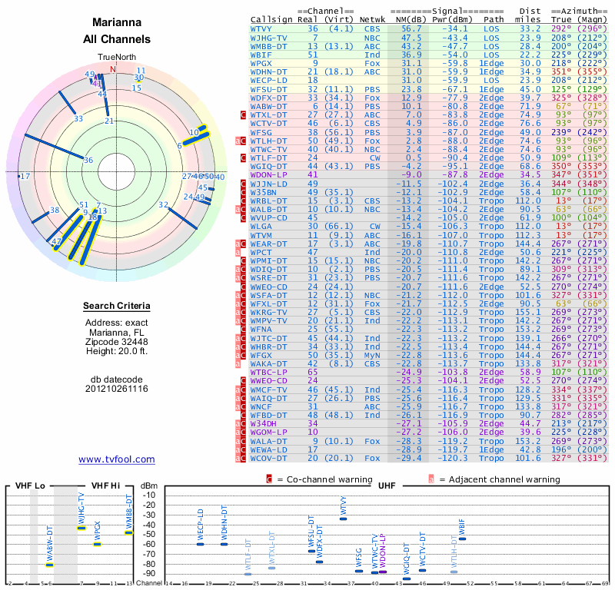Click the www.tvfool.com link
coord(116,459)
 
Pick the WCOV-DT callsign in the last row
coord(268,459)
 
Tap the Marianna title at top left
coord(115,23)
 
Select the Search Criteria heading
coord(116,307)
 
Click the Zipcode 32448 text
coord(116,342)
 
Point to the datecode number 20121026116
coord(116,389)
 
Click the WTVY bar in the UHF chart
coord(343,519)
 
